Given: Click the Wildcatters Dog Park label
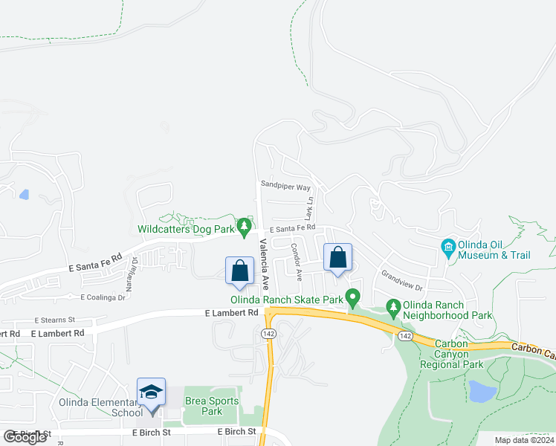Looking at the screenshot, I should pyautogui.click(x=186, y=230).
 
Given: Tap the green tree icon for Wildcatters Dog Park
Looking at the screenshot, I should pyautogui.click(x=244, y=225).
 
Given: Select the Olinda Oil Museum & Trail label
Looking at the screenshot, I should pyautogui.click(x=495, y=250).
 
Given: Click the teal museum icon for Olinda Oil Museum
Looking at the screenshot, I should pyautogui.click(x=448, y=246).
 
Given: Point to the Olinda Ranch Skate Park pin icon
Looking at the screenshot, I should pyautogui.click(x=353, y=296).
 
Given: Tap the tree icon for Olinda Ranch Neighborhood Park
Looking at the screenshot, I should pyautogui.click(x=393, y=306).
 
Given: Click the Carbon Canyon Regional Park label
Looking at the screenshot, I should pyautogui.click(x=452, y=354).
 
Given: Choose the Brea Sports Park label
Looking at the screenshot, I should pyautogui.click(x=212, y=406).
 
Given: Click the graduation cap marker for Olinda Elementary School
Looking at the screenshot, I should pyautogui.click(x=152, y=392).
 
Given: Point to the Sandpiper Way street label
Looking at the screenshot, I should pyautogui.click(x=285, y=187).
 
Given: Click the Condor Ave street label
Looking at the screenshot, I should pyautogui.click(x=297, y=262).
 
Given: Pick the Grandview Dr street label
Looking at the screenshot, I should pyautogui.click(x=402, y=281).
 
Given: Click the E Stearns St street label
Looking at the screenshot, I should pyautogui.click(x=58, y=320).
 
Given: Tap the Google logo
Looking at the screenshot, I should pyautogui.click(x=25, y=437).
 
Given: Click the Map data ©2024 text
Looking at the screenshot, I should pyautogui.click(x=524, y=440).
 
